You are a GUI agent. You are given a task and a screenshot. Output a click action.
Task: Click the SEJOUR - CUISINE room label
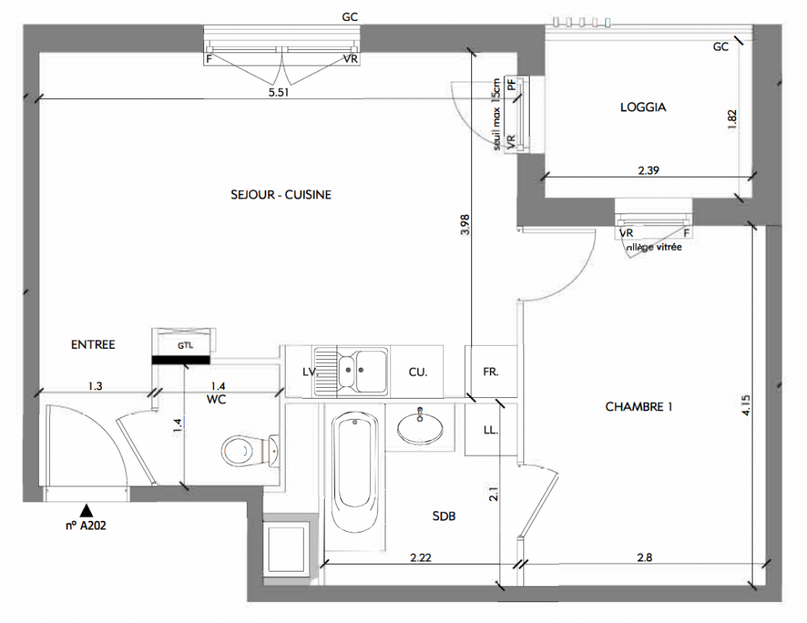click(x=281, y=195)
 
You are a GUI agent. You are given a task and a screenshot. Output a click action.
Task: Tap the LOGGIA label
click(x=643, y=107)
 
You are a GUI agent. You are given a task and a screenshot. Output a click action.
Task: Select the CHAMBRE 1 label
click(x=639, y=407)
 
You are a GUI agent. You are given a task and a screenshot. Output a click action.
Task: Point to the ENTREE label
click(x=93, y=345)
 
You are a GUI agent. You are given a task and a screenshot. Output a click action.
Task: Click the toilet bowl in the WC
click(x=251, y=451)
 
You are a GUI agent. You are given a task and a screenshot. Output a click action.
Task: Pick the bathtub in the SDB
click(x=354, y=474)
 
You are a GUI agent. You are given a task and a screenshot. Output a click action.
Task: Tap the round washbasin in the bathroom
click(x=420, y=427)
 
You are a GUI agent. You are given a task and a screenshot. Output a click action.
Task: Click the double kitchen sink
click(x=351, y=371)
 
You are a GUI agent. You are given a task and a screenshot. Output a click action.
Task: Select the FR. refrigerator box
click(x=491, y=371)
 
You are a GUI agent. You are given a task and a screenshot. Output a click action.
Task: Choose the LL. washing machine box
click(x=491, y=430)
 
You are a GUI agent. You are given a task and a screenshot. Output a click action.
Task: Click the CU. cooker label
click(x=418, y=372)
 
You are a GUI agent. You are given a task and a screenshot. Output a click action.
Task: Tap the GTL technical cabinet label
click(x=185, y=346)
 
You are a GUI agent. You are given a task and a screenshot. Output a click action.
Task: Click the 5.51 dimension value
click(x=279, y=93)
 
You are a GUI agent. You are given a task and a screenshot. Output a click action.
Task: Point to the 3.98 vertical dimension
click(x=465, y=225)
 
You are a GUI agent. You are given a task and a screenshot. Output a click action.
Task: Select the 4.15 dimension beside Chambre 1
click(x=746, y=405)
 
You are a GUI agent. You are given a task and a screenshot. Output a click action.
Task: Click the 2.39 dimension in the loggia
click(x=648, y=171)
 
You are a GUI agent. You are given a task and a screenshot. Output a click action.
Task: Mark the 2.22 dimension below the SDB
click(x=421, y=557)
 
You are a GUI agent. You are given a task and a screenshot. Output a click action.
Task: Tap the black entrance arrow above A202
click(x=86, y=510)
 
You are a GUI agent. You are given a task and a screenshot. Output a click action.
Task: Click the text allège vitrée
click(x=654, y=248)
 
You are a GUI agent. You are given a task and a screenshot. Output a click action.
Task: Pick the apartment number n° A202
click(x=86, y=525)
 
